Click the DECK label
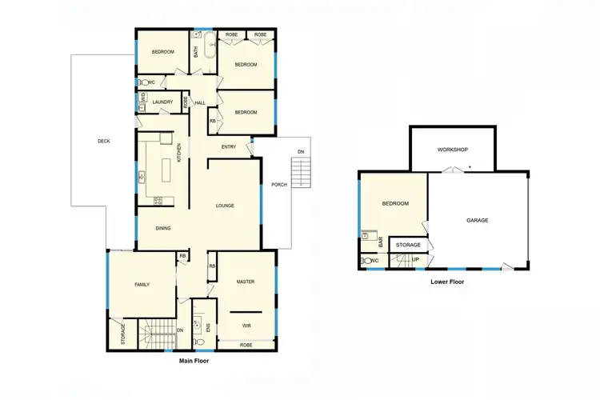(104, 142)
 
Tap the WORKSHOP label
(452, 150)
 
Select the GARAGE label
(478, 220)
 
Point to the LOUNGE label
(225, 206)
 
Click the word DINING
(163, 229)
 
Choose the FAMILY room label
(142, 285)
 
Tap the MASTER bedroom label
(245, 282)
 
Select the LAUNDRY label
(162, 102)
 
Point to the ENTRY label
(229, 146)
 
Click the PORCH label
(279, 185)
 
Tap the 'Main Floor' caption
(195, 361)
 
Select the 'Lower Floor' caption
(447, 282)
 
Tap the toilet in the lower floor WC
(364, 261)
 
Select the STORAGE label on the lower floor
(409, 245)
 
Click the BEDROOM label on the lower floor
(395, 204)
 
